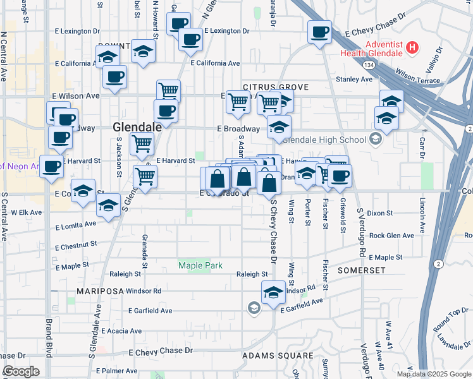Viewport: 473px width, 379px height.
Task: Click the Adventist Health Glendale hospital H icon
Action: (x=412, y=47)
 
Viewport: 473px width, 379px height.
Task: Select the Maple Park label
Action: (x=200, y=265)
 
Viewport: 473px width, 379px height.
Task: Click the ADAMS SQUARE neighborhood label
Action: (x=278, y=356)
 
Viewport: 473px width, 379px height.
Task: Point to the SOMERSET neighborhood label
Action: (x=361, y=270)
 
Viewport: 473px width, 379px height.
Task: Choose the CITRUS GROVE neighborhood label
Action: (x=275, y=87)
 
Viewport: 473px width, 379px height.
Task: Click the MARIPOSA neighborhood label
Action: (x=100, y=291)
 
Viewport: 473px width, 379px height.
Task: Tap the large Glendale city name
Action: (x=137, y=127)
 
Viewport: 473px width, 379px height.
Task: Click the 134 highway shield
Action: (x=369, y=65)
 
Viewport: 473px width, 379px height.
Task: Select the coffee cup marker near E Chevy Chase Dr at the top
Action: (x=319, y=31)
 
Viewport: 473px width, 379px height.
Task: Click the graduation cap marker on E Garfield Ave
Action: (x=273, y=292)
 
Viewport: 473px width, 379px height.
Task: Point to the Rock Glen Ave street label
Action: (x=390, y=236)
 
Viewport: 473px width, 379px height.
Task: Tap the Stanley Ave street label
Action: (x=354, y=79)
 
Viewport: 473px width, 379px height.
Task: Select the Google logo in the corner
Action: (x=21, y=371)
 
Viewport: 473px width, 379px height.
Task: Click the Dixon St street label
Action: (x=380, y=214)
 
